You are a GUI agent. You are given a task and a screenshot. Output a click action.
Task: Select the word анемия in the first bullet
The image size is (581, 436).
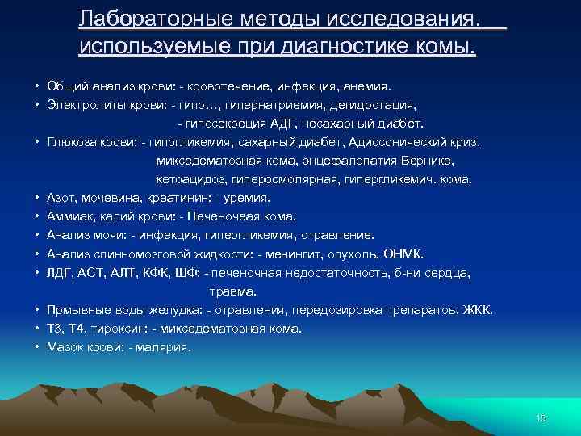pos(364,86)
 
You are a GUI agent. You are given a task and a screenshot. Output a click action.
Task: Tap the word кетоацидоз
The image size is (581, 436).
pos(190,179)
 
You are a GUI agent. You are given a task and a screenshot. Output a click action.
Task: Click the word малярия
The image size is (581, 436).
pos(165,347)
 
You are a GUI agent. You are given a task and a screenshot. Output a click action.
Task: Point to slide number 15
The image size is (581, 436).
pos(541,417)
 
